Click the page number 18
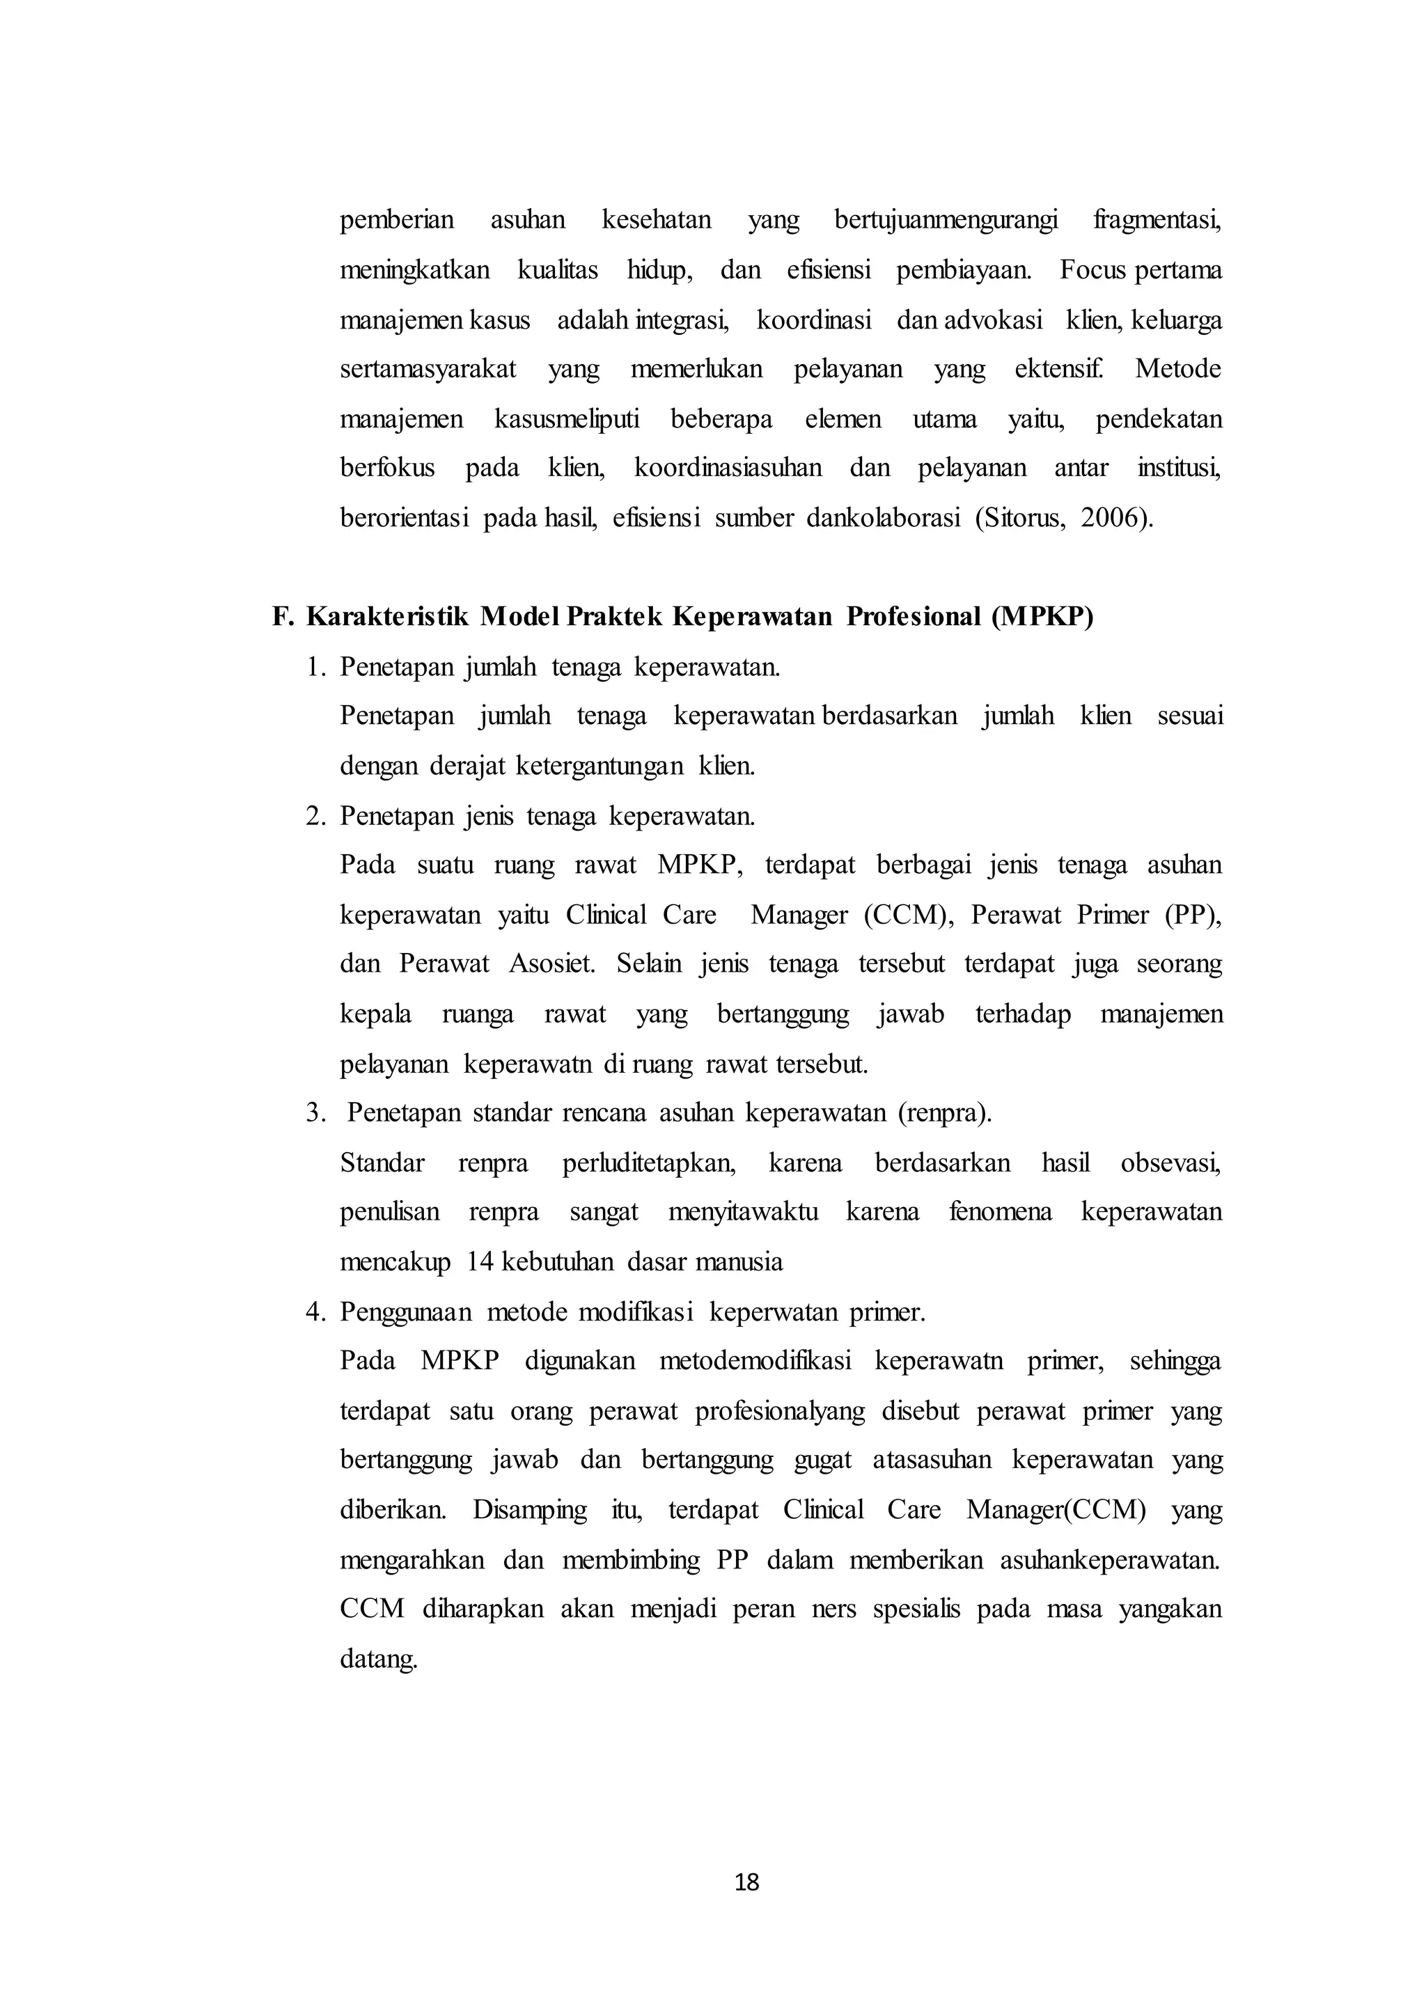tap(746, 1882)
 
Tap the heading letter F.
tap(281, 617)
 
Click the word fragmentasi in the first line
tap(1157, 219)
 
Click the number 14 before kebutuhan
tap(480, 1263)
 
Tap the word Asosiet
tap(551, 964)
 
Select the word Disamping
tap(529, 1510)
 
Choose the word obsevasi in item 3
tap(1170, 1163)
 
